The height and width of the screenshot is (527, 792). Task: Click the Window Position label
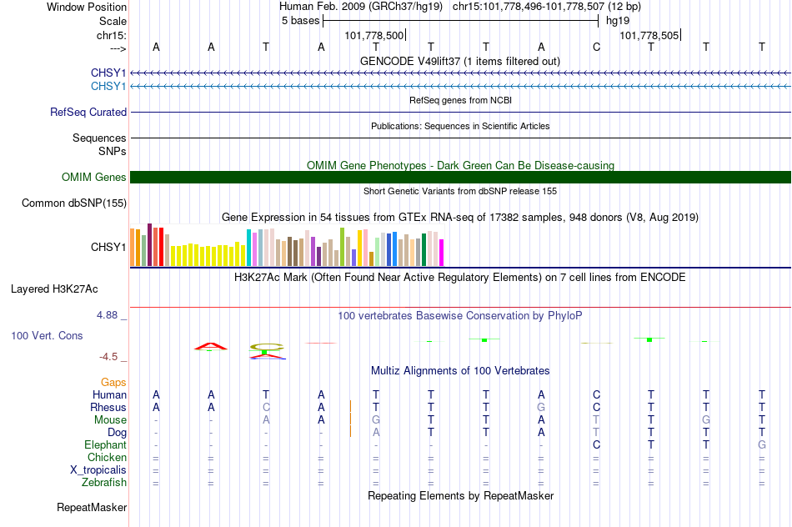[x=87, y=7]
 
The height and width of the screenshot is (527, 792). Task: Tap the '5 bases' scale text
[x=300, y=21]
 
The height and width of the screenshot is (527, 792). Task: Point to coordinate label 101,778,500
[x=373, y=35]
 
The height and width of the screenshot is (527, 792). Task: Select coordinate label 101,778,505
[x=649, y=35]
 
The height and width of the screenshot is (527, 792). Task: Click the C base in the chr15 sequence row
[x=596, y=48]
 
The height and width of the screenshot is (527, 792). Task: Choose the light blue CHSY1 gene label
[x=108, y=87]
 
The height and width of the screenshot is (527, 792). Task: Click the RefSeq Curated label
[x=88, y=113]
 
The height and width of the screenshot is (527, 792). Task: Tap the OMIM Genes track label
[x=94, y=178]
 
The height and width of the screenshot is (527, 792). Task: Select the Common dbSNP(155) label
[x=74, y=203]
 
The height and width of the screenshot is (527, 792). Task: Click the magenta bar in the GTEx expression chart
[x=441, y=253]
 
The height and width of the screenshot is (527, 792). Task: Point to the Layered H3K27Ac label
[x=54, y=289]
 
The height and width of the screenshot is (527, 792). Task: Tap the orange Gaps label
[x=113, y=383]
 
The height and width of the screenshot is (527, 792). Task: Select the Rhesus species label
[x=108, y=407]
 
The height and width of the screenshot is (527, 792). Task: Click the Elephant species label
[x=105, y=445]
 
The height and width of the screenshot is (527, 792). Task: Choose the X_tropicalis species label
[x=98, y=470]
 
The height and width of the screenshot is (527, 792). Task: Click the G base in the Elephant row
[x=762, y=445]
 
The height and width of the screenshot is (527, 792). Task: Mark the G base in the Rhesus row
[x=541, y=407]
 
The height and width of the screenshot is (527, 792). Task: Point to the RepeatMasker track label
[x=92, y=507]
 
